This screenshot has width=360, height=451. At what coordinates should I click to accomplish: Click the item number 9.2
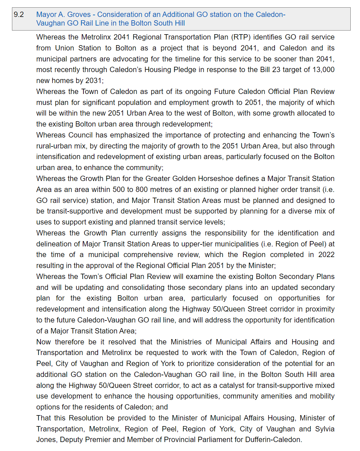coord(19,15)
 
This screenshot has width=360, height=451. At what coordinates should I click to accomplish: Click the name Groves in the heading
coord(79,15)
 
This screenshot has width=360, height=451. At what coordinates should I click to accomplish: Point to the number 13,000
coord(323,70)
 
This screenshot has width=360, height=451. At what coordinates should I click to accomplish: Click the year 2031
coord(93,81)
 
